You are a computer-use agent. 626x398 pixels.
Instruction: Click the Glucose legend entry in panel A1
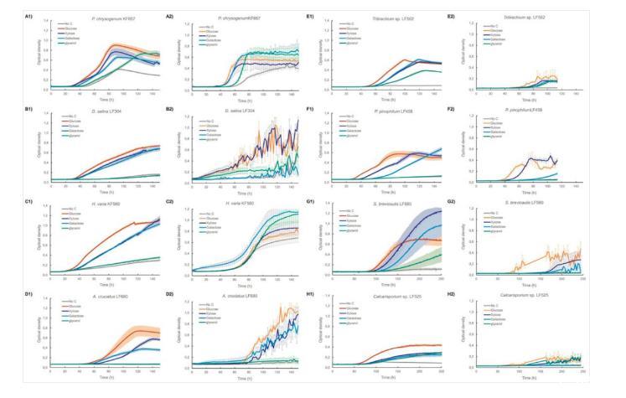coord(66,30)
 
